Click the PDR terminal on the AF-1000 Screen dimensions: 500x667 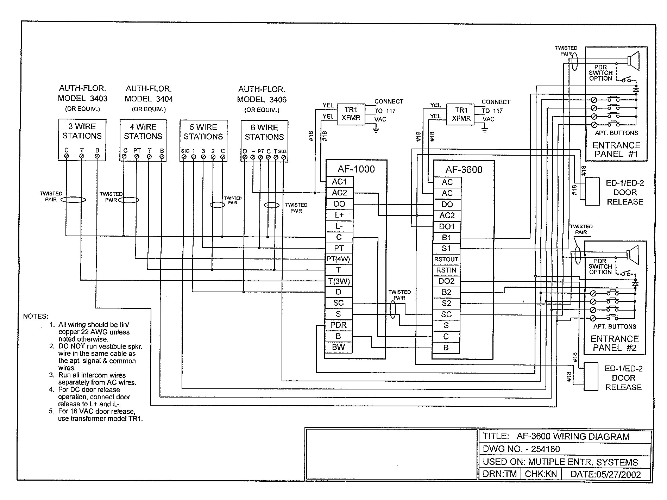338,325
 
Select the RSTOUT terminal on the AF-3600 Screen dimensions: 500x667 446,260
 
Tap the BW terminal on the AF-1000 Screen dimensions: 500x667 338,347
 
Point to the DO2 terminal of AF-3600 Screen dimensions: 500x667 446,281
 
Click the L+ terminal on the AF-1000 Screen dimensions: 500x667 338,215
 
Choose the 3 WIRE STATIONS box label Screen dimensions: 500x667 82,131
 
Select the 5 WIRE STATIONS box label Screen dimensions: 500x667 203,132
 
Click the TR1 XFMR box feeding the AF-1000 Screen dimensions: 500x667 351,114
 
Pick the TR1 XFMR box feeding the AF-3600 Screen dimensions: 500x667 461,114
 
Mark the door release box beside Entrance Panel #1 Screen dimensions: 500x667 592,192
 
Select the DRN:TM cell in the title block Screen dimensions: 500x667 499,474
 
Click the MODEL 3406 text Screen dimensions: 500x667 262,100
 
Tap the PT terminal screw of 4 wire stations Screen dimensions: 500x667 137,156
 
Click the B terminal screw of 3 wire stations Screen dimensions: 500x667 97,156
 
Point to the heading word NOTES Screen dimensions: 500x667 36,316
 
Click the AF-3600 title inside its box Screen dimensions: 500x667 464,170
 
